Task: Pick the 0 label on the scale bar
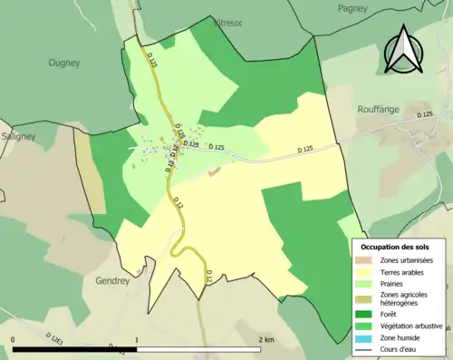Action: [13, 340]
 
